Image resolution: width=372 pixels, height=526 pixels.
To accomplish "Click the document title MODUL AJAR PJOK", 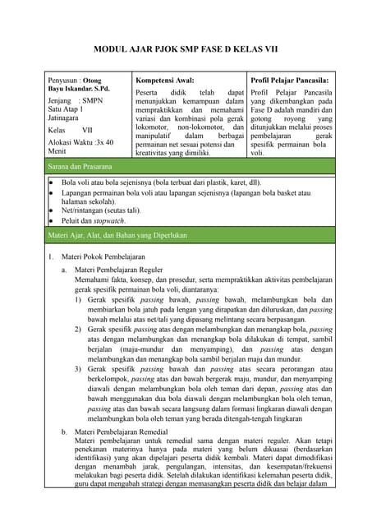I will [x=185, y=49].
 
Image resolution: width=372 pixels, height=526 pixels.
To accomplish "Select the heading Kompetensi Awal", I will [x=164, y=81].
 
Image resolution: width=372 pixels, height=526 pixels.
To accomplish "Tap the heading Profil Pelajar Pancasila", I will [x=289, y=81].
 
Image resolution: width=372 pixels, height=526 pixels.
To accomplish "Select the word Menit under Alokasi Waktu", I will [x=58, y=151].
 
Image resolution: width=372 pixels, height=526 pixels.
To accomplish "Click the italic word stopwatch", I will [x=109, y=221].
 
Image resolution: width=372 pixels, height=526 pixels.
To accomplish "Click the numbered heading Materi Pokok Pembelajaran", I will [x=111, y=257].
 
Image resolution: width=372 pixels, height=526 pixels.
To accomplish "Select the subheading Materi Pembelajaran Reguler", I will [x=117, y=270].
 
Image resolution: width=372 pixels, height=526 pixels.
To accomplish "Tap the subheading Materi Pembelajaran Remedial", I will [x=121, y=431].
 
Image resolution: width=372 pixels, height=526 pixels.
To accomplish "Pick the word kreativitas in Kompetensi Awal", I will [x=155, y=153].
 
